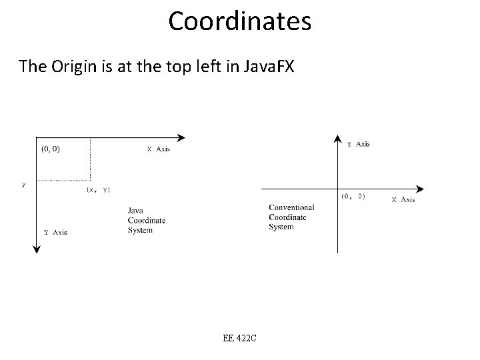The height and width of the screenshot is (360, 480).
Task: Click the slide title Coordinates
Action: click(x=239, y=21)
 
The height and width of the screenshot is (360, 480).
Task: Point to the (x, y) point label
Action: click(x=98, y=190)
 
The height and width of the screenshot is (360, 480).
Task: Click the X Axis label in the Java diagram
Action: click(x=158, y=149)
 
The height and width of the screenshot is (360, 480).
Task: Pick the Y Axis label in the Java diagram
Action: click(x=55, y=232)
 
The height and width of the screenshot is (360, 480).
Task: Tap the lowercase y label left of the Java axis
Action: click(x=24, y=185)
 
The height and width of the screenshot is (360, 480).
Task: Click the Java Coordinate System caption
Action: click(x=147, y=221)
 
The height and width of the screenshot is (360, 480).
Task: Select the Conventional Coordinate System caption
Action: click(x=291, y=217)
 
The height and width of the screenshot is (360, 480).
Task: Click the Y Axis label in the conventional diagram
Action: click(x=359, y=144)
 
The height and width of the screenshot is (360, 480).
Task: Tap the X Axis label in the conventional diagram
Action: click(x=403, y=199)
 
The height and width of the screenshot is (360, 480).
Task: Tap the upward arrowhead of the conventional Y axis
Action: click(x=337, y=138)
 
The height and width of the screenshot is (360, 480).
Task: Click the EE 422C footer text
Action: click(x=240, y=338)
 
